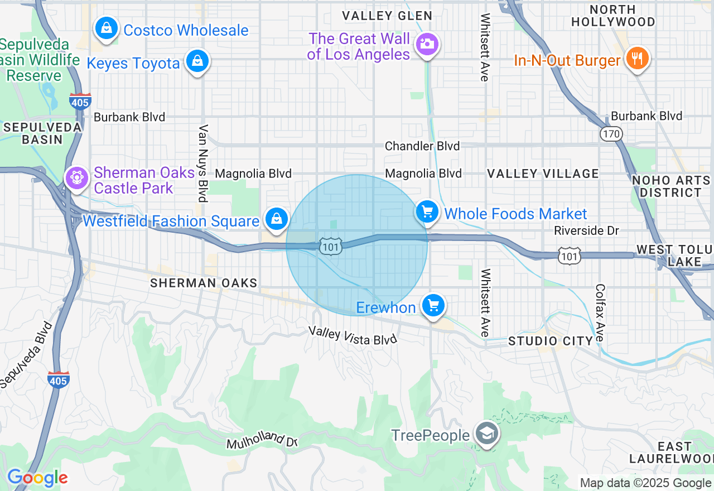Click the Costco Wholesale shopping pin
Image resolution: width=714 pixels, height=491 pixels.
[x=106, y=28]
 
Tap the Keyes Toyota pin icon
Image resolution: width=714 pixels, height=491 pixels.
[x=197, y=61]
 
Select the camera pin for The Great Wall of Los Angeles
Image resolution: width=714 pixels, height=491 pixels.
[x=427, y=44]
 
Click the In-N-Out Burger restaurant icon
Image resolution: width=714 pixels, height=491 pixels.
[x=636, y=58]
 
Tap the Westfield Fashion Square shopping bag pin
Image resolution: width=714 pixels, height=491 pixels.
[x=276, y=219]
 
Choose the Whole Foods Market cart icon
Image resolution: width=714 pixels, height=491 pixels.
[x=427, y=212]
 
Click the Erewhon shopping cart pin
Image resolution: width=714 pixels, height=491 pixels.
[x=433, y=306]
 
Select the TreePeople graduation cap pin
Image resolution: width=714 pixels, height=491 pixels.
[x=487, y=434]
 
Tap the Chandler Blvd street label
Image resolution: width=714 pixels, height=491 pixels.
[x=422, y=146]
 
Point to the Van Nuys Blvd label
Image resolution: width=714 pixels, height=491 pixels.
[x=203, y=163]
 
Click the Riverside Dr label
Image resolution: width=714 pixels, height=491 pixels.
[x=587, y=230]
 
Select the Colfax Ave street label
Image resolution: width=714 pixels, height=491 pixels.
[x=600, y=313]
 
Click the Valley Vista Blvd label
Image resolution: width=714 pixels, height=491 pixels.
[x=353, y=335]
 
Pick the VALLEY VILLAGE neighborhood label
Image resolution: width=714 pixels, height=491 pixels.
[x=543, y=174]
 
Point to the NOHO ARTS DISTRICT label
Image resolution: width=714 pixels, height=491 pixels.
[x=670, y=186]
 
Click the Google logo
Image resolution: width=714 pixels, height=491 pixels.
[x=37, y=478]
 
